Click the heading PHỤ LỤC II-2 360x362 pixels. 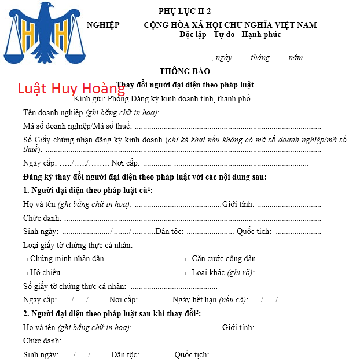(x=185, y=12)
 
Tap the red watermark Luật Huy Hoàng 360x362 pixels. (x=71, y=89)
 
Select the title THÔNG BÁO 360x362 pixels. (x=185, y=72)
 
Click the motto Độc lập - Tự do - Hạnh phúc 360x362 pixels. (x=230, y=34)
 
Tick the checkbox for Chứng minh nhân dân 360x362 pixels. (x=25, y=259)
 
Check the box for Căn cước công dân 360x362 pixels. (x=187, y=259)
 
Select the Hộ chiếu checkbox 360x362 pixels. (x=25, y=273)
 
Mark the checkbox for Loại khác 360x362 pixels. (x=187, y=273)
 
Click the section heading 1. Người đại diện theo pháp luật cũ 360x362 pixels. (x=88, y=190)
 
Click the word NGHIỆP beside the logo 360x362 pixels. (x=103, y=25)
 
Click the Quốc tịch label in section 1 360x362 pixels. (x=254, y=232)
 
